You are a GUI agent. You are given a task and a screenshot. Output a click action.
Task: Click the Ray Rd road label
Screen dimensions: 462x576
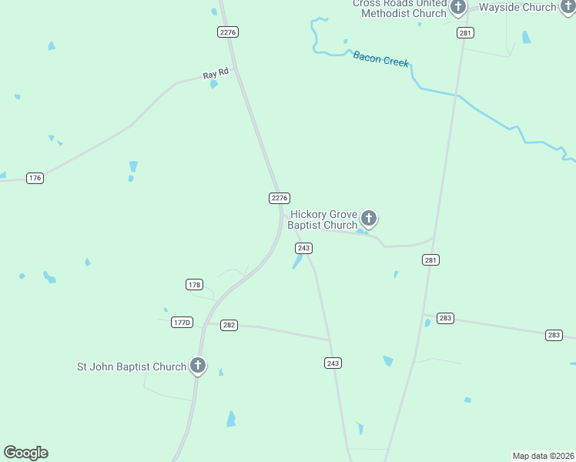[216, 74]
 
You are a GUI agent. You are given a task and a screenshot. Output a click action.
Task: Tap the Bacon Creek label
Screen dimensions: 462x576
[380, 59]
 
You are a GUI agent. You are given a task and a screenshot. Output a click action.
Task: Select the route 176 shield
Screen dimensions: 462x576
[35, 178]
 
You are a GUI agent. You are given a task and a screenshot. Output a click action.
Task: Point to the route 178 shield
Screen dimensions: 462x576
[194, 285]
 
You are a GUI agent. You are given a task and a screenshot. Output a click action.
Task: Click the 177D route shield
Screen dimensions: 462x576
[182, 323]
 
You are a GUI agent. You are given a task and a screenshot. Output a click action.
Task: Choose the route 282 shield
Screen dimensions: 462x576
[229, 325]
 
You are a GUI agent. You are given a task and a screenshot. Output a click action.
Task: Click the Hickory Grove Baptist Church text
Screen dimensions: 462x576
[323, 219]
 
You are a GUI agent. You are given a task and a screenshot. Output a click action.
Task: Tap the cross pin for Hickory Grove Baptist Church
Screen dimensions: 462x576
[369, 219]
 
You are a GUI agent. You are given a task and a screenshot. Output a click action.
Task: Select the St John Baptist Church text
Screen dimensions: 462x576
[132, 367]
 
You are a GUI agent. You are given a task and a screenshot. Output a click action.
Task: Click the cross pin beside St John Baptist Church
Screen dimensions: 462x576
[198, 366]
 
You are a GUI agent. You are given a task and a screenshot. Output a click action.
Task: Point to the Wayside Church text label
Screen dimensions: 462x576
[517, 8]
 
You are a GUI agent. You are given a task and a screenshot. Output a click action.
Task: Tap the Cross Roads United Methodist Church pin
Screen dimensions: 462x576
[458, 8]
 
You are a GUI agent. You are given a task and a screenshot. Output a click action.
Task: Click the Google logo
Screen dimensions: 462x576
[25, 453]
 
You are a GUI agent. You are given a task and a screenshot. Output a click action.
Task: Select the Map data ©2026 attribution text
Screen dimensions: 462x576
[543, 455]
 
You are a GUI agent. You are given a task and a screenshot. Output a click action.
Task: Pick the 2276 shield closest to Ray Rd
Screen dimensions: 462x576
[228, 32]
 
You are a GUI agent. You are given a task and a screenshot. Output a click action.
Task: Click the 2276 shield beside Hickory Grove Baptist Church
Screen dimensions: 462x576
[280, 198]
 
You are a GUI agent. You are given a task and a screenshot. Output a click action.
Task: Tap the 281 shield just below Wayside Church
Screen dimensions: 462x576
[465, 32]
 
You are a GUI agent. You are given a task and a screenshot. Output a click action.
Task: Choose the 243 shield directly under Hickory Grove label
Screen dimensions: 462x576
[303, 248]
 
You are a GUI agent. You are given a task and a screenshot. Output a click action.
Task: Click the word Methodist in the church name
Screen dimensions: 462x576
[392, 13]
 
